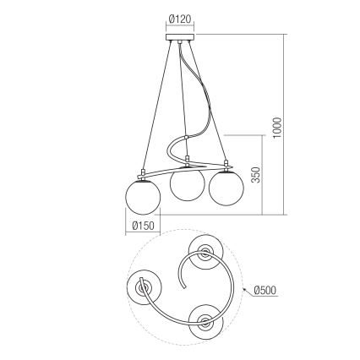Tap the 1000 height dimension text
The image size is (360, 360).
pyautogui.click(x=278, y=127)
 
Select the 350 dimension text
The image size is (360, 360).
pyautogui.click(x=256, y=175)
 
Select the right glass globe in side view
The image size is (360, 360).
pyautogui.click(x=225, y=187)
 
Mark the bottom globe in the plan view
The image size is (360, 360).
pyautogui.click(x=205, y=321)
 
